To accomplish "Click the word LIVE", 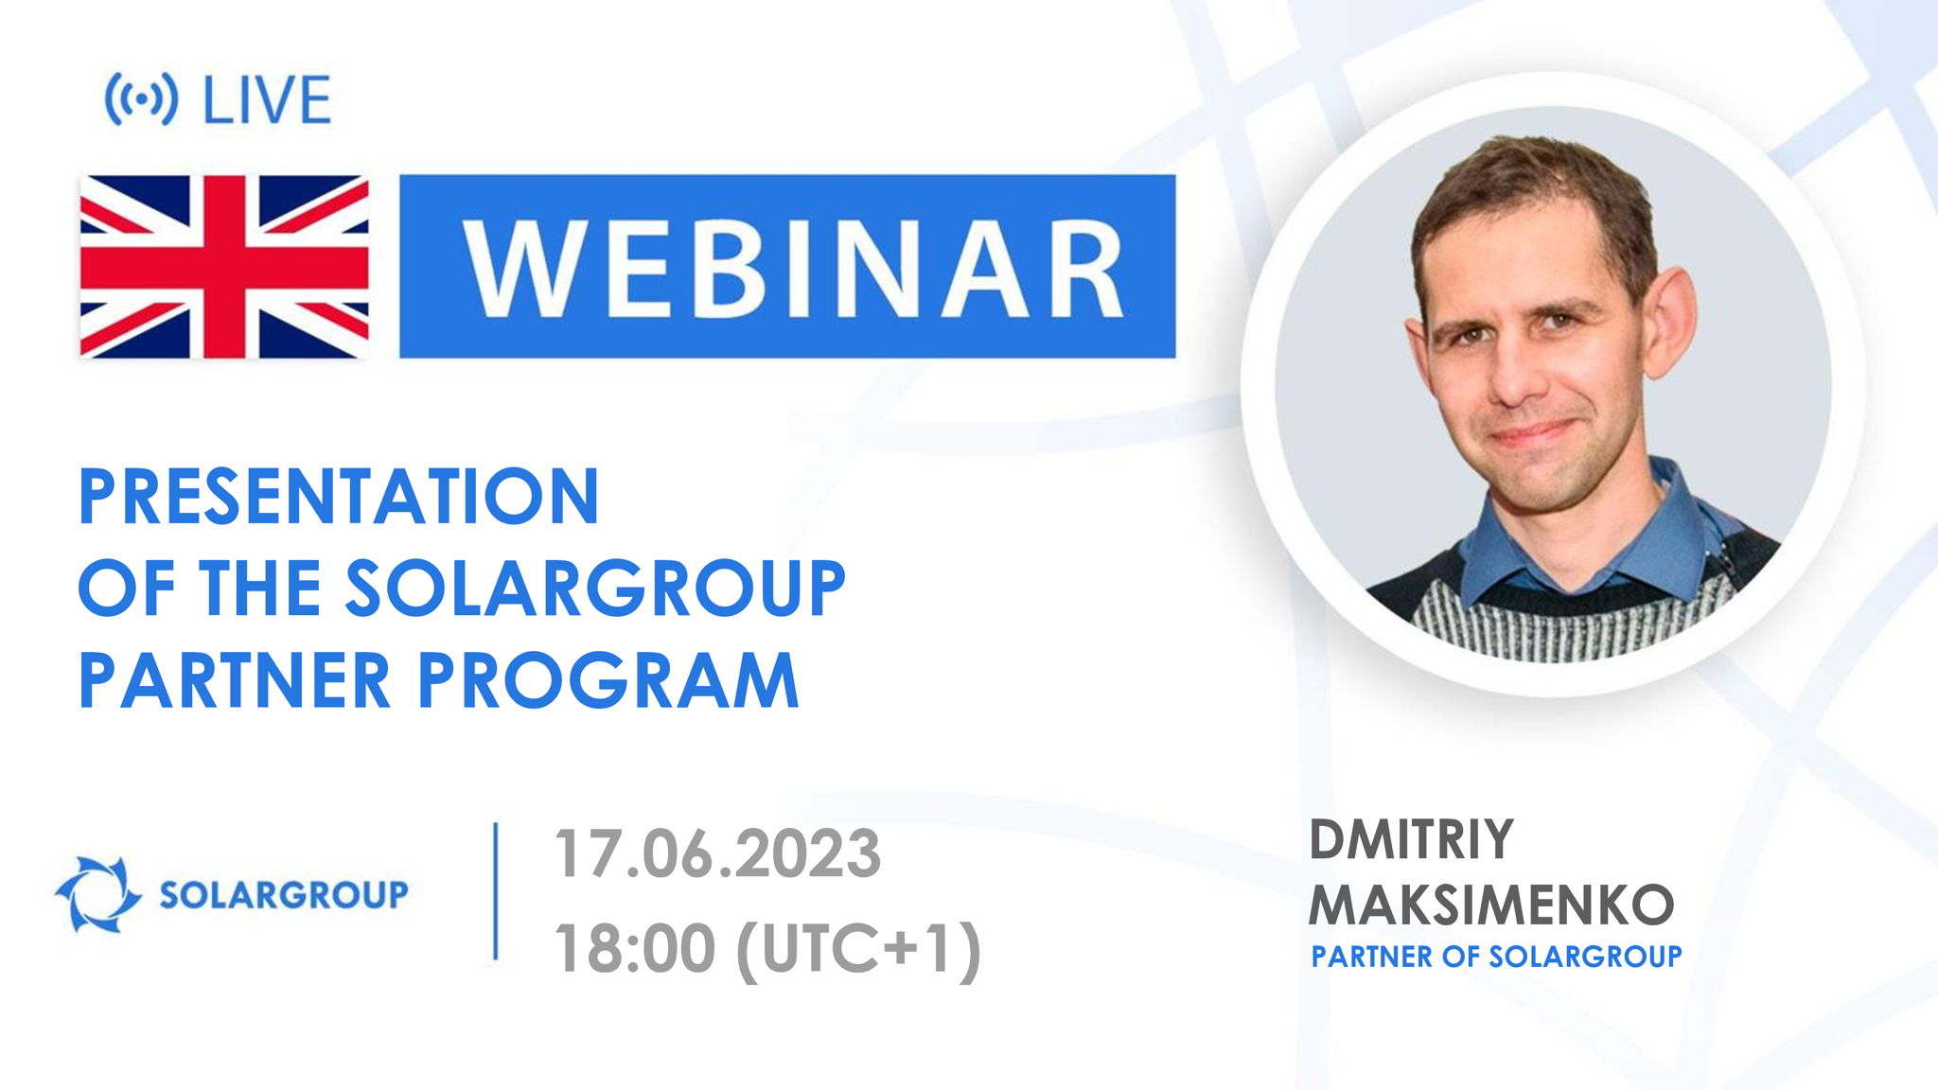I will [267, 99].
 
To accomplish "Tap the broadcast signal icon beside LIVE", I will [140, 99].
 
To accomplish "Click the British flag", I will [224, 266].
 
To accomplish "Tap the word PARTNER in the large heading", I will [235, 680].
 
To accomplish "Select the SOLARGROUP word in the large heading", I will [594, 589].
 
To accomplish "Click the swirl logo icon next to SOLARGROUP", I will [97, 894].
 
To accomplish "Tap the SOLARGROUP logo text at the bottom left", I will [283, 894].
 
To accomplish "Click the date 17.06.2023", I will [717, 854].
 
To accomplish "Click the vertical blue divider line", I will [496, 891].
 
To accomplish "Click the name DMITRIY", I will [1410, 840].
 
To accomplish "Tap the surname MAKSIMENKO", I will [1491, 905].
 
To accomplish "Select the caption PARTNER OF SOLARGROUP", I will [1496, 957].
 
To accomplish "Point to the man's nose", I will [1514, 374].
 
